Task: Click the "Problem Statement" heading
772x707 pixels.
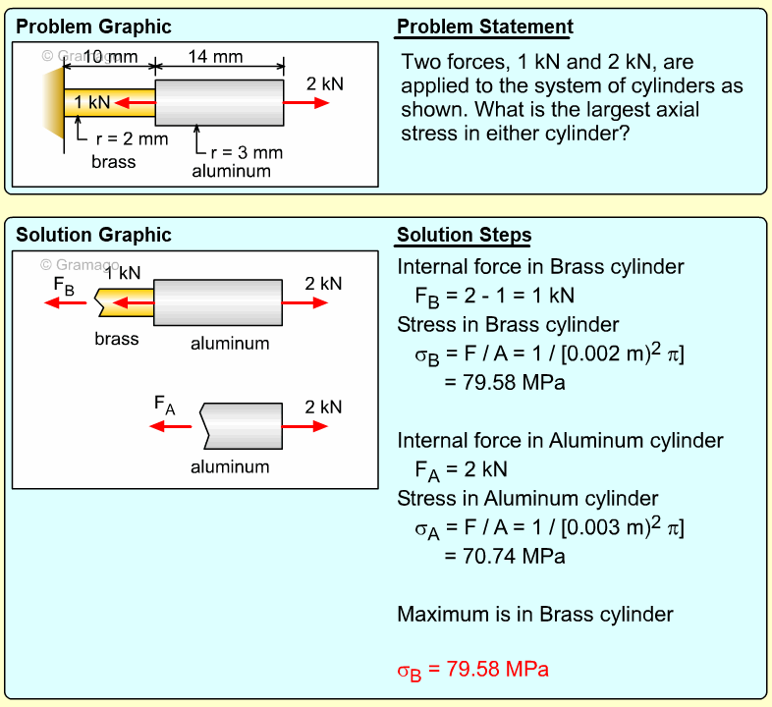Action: coord(484,27)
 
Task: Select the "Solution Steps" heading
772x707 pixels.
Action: coord(464,235)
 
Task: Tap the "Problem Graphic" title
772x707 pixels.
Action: coord(93,27)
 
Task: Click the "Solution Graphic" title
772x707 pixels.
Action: coord(93,235)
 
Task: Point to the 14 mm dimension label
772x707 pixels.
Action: coord(215,56)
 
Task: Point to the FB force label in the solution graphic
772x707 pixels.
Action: coord(64,288)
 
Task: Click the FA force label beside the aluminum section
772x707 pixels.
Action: coord(164,405)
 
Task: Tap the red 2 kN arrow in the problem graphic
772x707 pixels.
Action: coord(306,102)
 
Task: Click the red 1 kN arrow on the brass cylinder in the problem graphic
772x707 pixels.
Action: coord(135,102)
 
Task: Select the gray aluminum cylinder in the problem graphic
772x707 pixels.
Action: coord(219,102)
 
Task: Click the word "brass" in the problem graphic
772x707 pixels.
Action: coord(113,161)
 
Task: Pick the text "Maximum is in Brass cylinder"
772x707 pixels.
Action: coord(534,614)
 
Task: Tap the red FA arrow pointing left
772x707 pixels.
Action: coord(169,426)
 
